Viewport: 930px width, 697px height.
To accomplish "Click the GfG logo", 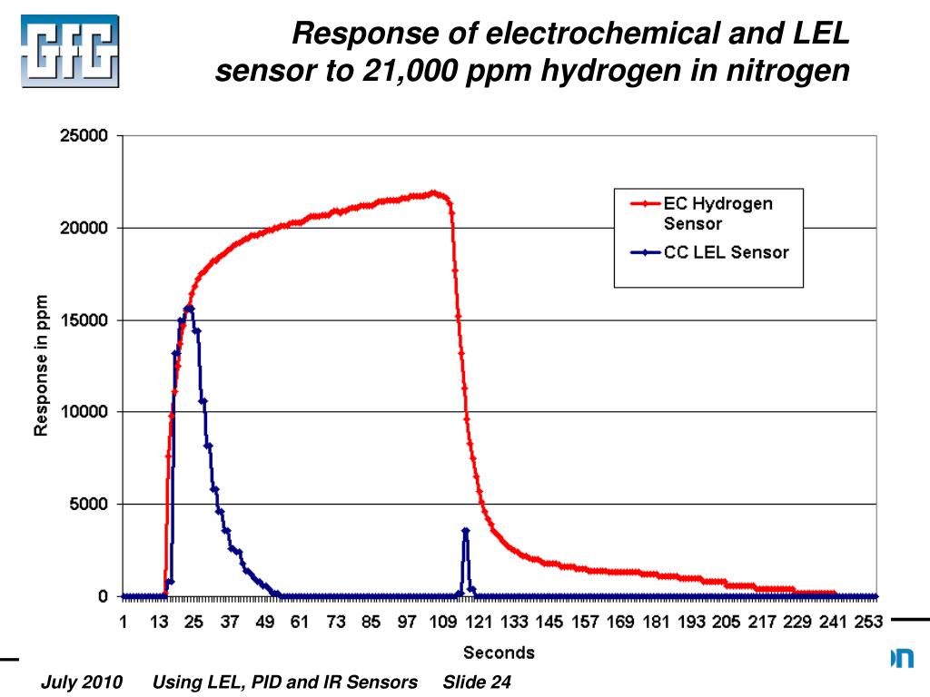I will click(70, 51).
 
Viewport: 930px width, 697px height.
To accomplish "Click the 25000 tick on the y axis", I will click(84, 136).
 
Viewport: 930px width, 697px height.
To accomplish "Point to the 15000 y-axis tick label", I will click(84, 320).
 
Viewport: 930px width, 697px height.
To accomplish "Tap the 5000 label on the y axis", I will click(88, 505).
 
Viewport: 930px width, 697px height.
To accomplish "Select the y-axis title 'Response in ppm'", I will click(41, 365).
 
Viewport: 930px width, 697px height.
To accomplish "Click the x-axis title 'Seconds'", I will click(499, 652).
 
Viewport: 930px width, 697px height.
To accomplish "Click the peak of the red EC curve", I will click(434, 192).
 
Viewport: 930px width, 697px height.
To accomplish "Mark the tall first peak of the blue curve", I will click(189, 309).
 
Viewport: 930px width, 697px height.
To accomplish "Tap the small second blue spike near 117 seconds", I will click(465, 531).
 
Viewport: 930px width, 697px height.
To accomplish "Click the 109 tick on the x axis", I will click(443, 622).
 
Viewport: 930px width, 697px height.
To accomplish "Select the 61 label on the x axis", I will click(300, 622).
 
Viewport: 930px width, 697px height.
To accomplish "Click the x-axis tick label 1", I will click(124, 622).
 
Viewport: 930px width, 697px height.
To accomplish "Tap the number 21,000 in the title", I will click(407, 70).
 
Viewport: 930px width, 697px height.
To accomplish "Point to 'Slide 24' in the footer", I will click(477, 682).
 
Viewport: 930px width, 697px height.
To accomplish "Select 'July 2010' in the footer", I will click(81, 682).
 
